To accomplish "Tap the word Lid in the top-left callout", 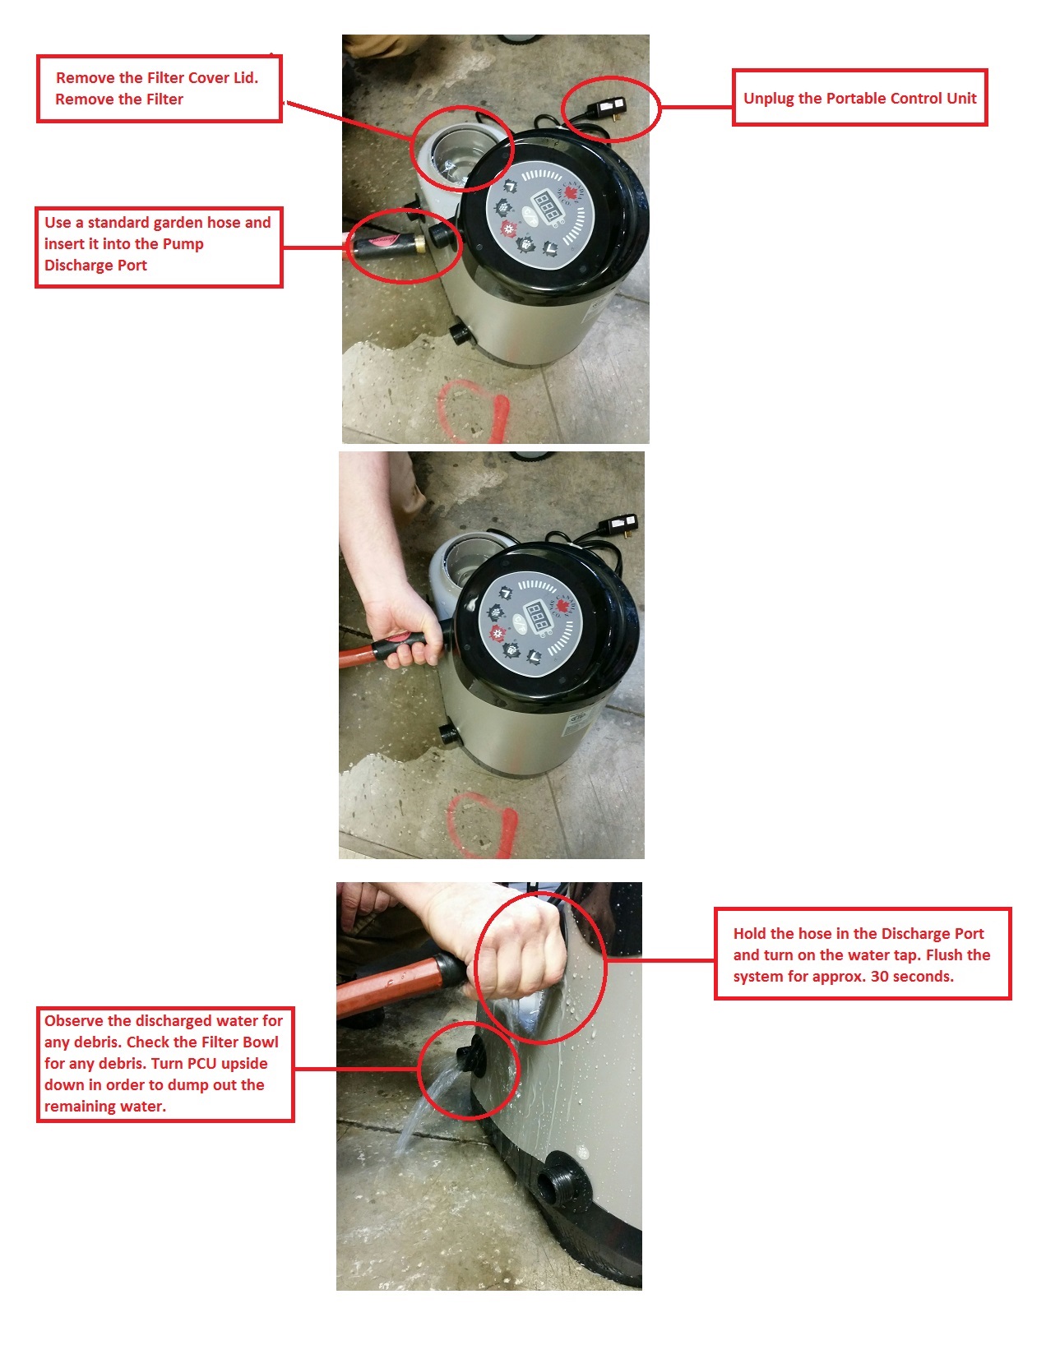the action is coord(247,77).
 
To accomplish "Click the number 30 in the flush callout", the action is coord(879,976).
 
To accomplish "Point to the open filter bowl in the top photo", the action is coord(458,151).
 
